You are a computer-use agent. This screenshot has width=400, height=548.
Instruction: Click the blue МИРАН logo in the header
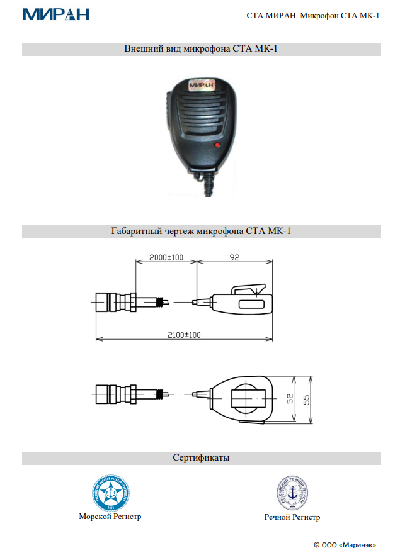[x=55, y=14]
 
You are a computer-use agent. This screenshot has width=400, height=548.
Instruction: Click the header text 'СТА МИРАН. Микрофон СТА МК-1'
[x=313, y=15]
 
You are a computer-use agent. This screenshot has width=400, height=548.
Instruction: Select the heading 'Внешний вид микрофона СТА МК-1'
[x=201, y=48]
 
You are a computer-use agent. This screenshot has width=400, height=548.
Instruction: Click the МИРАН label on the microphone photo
[x=200, y=83]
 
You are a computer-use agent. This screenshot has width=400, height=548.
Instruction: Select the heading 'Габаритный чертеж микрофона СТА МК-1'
[x=201, y=231]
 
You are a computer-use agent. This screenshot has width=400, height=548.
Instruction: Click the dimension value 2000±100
[x=166, y=257]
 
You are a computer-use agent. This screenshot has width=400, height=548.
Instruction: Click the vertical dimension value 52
[x=290, y=400]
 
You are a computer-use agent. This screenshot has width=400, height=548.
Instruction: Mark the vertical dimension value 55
[x=307, y=400]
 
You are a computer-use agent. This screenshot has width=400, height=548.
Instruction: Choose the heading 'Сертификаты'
[x=201, y=457]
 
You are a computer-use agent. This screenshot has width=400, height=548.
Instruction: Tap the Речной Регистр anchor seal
[x=292, y=493]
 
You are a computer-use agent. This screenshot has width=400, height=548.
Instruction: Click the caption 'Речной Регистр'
[x=292, y=517]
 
